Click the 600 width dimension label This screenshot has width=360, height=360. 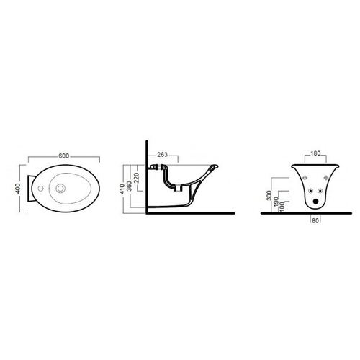64,156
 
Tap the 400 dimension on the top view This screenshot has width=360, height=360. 18,189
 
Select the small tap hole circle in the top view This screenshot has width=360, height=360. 41,189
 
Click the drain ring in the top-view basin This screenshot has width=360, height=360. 60,189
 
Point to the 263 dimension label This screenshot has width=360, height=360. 162,155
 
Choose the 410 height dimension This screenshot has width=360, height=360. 122,189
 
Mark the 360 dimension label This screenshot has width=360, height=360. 129,186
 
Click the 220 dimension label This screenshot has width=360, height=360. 136,178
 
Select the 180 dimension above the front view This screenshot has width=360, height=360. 315,153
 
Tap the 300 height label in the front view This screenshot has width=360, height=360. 269,195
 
